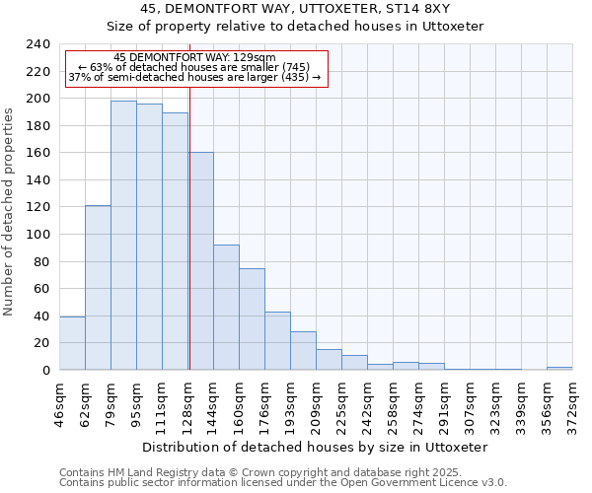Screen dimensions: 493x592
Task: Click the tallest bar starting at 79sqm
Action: tap(123, 236)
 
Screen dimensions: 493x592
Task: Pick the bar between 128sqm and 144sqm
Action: tap(201, 261)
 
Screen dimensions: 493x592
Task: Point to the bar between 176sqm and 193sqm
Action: tap(277, 341)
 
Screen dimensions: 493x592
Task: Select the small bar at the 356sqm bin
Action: tap(559, 368)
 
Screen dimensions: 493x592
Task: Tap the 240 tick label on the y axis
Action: tap(38, 44)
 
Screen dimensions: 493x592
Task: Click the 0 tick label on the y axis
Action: tap(46, 371)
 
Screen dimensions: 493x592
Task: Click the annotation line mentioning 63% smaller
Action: tap(194, 67)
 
